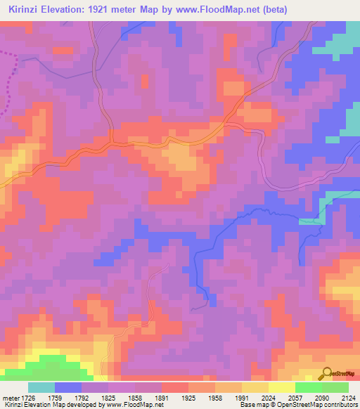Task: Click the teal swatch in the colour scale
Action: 41,387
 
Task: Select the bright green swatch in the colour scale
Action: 308,387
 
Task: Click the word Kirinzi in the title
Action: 25,11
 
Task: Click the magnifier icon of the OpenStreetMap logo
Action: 326,373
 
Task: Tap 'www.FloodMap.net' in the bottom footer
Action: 131,405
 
